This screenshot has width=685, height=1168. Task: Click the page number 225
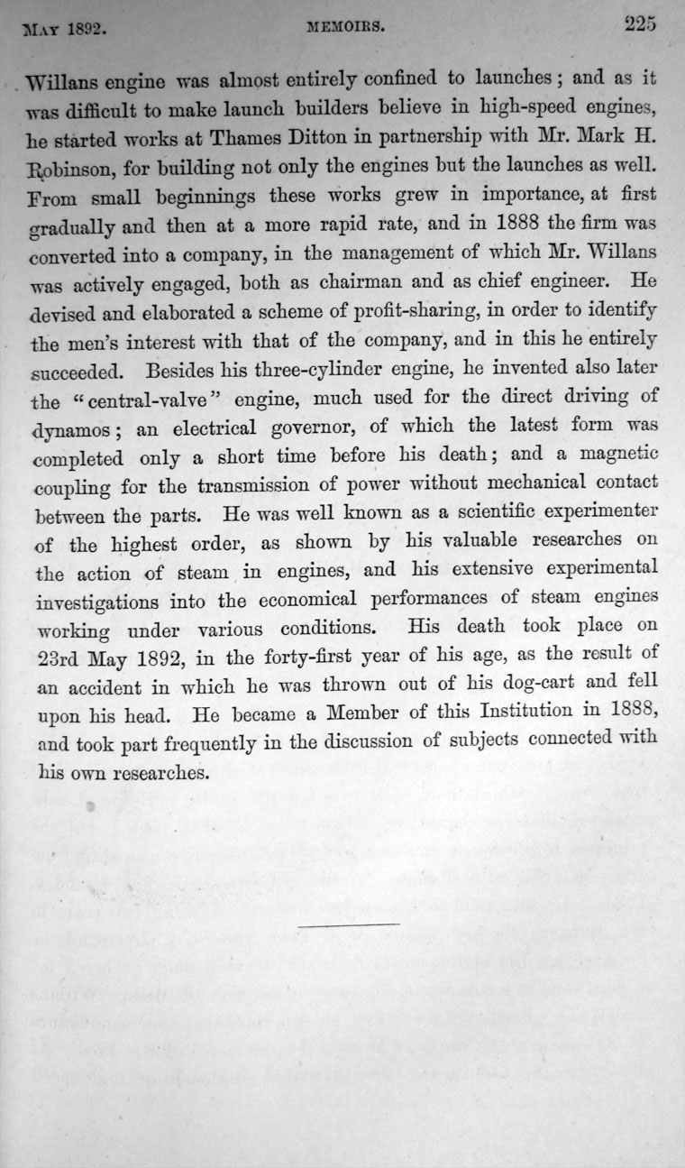click(639, 24)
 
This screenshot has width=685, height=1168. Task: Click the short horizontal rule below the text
click(350, 898)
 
